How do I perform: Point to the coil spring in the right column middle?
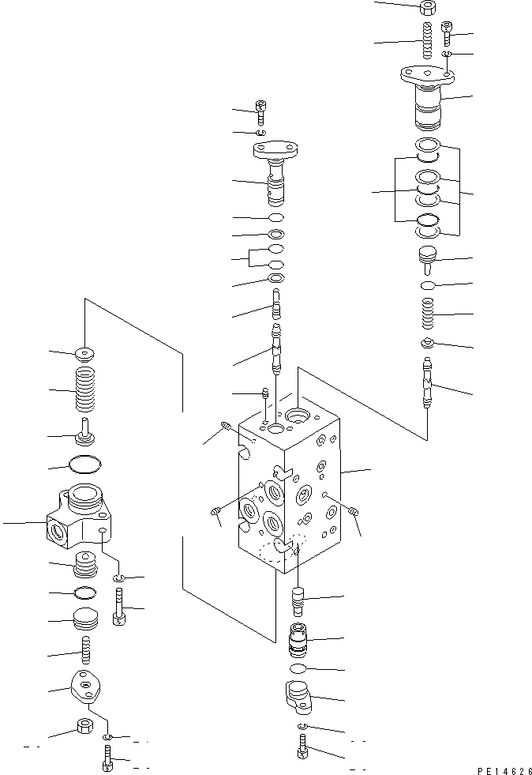click(x=427, y=315)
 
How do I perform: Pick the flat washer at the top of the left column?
click(x=85, y=352)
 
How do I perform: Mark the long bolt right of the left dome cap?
click(x=119, y=607)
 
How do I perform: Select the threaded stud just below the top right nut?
click(x=427, y=40)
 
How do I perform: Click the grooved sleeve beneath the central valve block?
click(x=298, y=638)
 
